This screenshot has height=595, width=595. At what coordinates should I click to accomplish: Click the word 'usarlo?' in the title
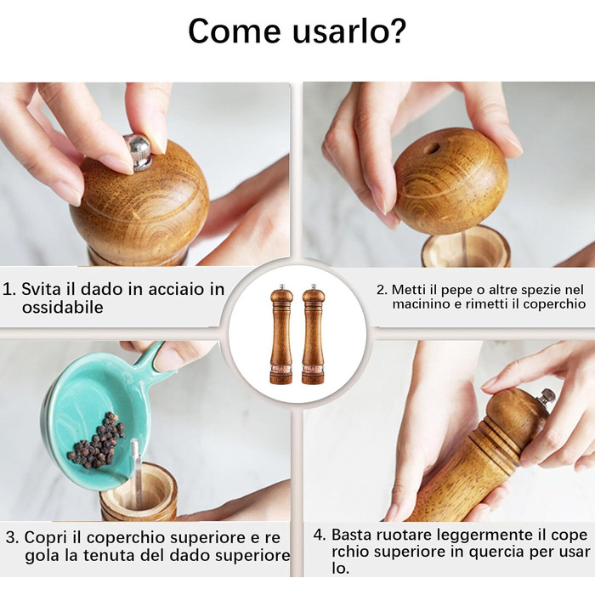point(349,31)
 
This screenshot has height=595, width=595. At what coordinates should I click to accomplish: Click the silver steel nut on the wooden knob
point(139,151)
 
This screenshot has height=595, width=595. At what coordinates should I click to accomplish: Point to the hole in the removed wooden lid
point(432,148)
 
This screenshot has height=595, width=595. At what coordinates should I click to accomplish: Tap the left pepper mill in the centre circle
point(281,334)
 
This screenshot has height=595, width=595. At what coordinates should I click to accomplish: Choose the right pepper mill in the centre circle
point(313,334)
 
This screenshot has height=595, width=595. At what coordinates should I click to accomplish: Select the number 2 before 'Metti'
point(382,290)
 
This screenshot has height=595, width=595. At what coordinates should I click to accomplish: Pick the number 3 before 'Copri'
point(12,538)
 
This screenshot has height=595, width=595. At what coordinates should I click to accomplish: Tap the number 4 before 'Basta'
point(320,535)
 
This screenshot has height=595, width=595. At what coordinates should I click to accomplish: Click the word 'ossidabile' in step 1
point(63,307)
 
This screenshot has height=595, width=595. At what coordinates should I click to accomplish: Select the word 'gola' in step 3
point(42,556)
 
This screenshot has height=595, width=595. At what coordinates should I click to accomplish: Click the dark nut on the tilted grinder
point(547,397)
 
